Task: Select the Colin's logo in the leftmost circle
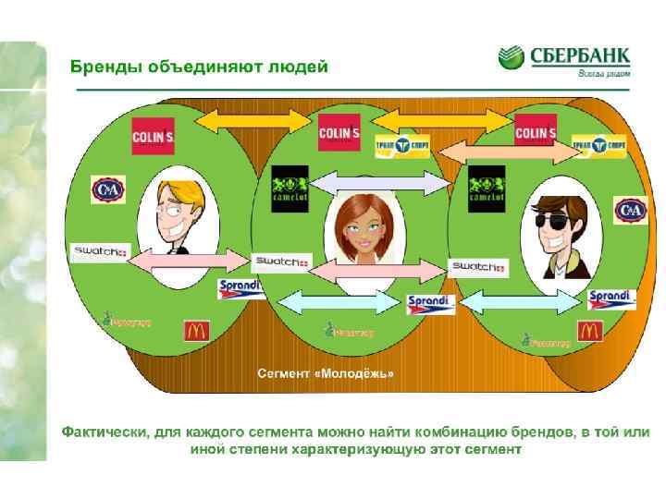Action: [x=153, y=135]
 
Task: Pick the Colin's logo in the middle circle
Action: [x=339, y=132]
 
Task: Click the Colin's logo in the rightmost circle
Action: [x=536, y=132]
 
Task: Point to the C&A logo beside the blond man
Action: [x=107, y=189]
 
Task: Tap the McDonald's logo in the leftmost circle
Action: [x=197, y=330]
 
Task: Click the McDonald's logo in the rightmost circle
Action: [x=589, y=330]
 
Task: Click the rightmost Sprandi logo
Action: [x=611, y=298]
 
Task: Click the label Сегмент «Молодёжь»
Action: [x=325, y=373]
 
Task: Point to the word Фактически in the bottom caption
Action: [x=103, y=432]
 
